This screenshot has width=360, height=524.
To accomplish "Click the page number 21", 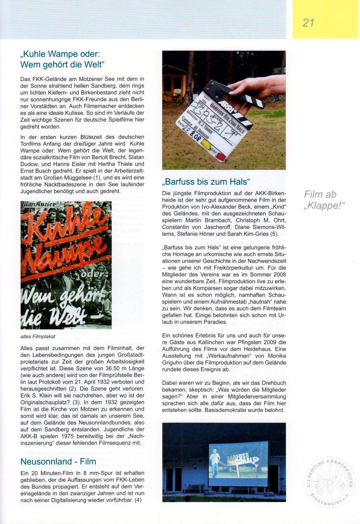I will click(x=308, y=23).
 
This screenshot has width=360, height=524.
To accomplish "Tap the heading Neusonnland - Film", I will click(x=58, y=462).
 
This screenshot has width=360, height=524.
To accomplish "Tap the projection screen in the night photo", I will click(x=238, y=463).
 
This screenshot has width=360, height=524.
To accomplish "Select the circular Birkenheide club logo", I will click(x=330, y=481).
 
